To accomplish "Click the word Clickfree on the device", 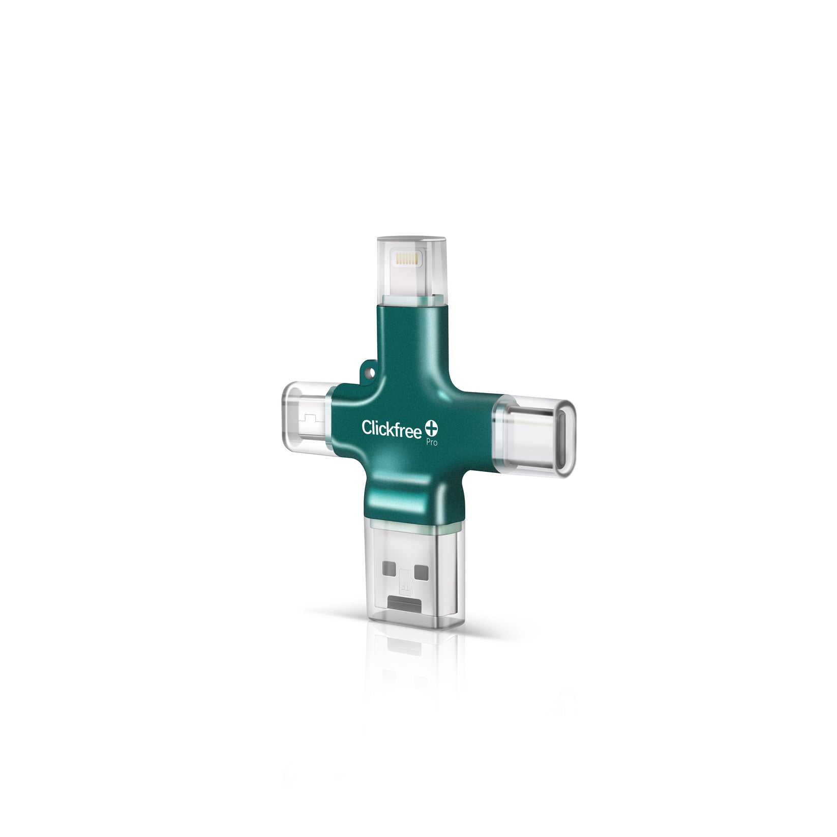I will [x=392, y=429].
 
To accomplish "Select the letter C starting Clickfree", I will [x=367, y=428].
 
